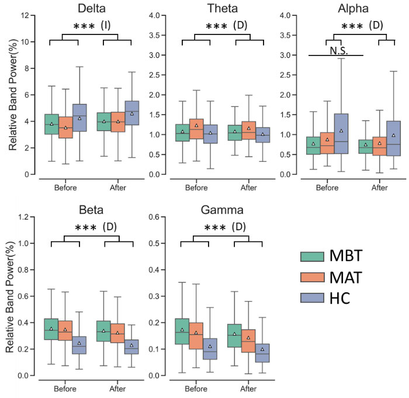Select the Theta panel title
coord(221,8)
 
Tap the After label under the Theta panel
coord(248,188)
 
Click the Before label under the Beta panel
coord(65,387)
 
